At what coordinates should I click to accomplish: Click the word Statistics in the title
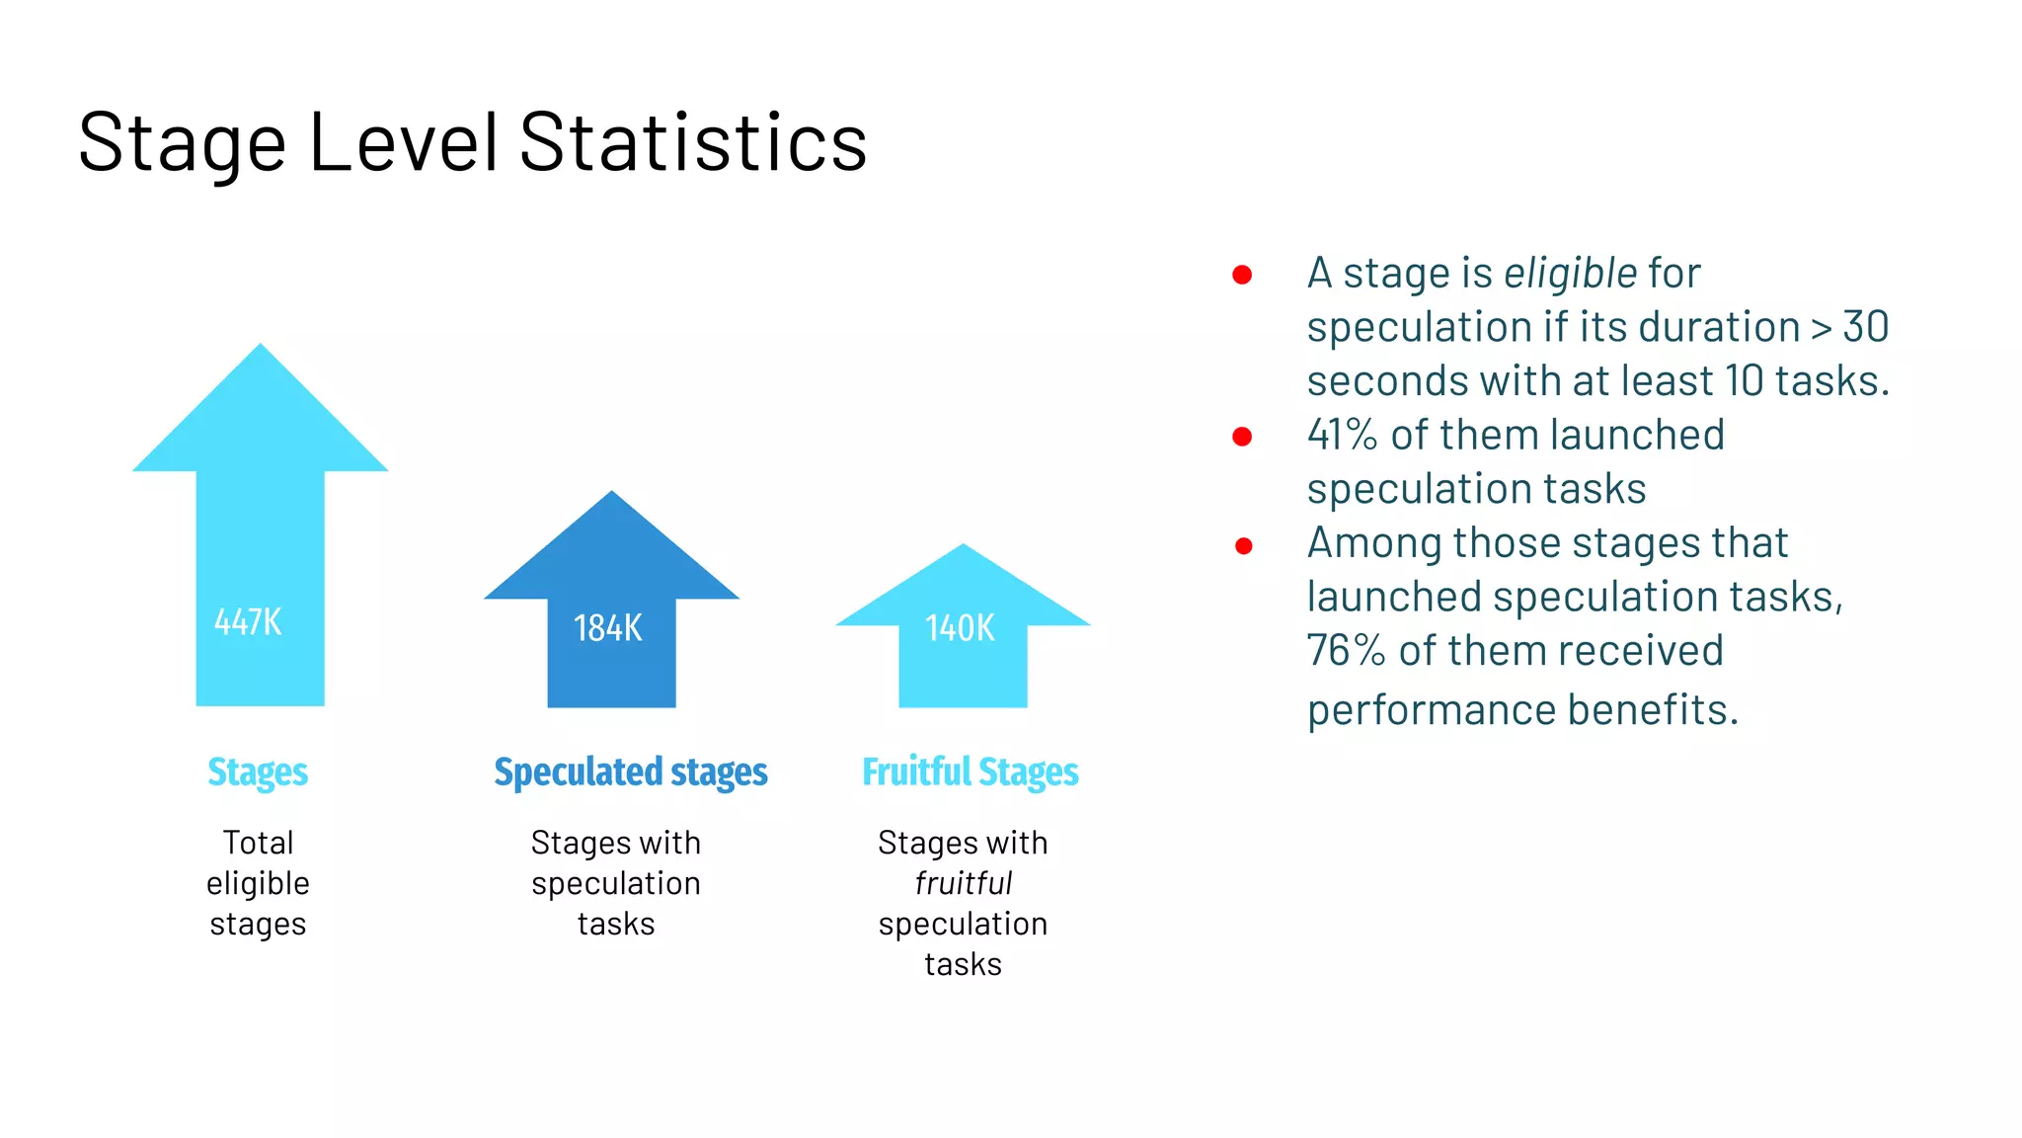[692, 143]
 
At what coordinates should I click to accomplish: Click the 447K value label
[248, 622]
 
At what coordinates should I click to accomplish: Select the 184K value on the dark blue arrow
[608, 628]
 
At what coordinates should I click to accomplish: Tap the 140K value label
[960, 628]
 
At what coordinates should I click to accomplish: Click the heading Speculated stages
[630, 772]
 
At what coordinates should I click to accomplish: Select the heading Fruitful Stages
[970, 772]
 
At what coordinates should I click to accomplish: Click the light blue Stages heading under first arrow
[258, 772]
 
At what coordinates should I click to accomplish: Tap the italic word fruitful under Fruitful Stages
[964, 883]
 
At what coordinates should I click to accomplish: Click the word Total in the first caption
[258, 843]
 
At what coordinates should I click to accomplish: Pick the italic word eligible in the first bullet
[1570, 274]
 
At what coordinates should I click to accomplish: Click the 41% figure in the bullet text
[1342, 435]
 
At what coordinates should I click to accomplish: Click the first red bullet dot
[1242, 275]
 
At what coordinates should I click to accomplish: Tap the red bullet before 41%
[1242, 437]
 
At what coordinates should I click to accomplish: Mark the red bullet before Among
[1243, 545]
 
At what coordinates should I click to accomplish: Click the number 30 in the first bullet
[1865, 327]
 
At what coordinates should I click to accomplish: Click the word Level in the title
[403, 143]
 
